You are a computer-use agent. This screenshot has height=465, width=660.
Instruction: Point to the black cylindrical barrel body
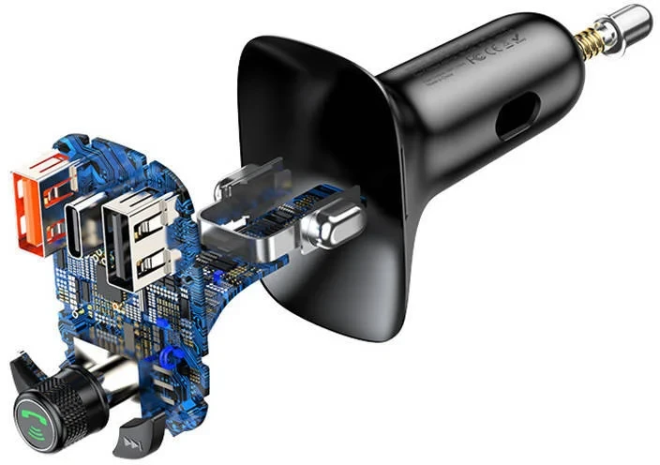coord(459,103)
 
